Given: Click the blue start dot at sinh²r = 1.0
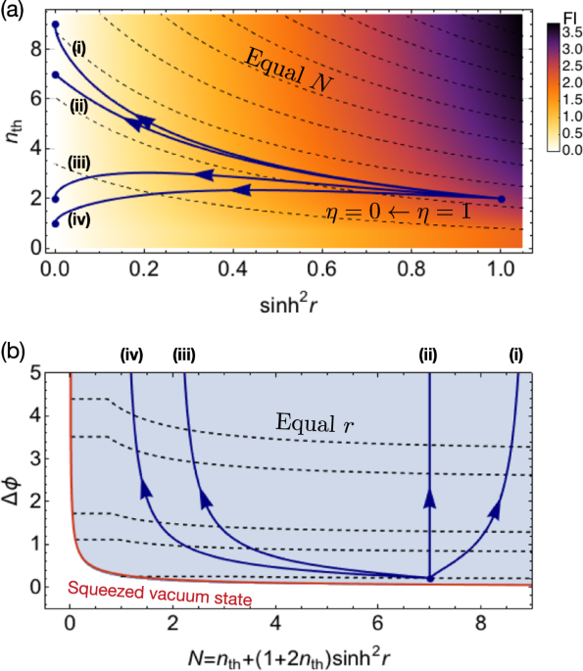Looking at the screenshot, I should pyautogui.click(x=502, y=199).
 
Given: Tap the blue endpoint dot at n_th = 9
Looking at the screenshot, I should pyautogui.click(x=55, y=24).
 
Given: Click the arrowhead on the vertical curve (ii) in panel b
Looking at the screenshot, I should pyautogui.click(x=429, y=503).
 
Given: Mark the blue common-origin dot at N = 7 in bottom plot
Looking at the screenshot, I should pyautogui.click(x=429, y=579).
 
